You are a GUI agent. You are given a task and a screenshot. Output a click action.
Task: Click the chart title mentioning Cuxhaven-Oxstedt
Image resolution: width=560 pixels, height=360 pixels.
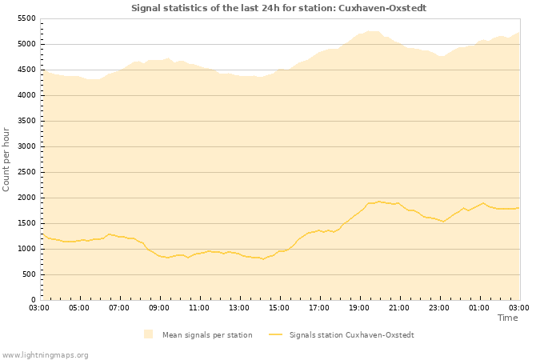click(278, 8)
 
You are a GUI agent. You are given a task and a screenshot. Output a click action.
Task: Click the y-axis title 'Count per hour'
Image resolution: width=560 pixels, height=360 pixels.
click(7, 158)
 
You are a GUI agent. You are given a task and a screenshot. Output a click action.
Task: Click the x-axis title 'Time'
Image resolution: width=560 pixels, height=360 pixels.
click(507, 318)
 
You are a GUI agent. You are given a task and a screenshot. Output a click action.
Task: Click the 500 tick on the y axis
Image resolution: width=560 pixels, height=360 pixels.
click(29, 274)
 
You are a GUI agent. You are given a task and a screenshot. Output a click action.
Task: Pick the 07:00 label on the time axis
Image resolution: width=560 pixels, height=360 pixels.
click(119, 307)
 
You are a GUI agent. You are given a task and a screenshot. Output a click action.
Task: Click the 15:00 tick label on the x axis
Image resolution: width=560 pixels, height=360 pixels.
click(279, 307)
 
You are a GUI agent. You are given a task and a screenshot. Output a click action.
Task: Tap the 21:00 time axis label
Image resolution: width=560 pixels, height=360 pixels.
click(399, 307)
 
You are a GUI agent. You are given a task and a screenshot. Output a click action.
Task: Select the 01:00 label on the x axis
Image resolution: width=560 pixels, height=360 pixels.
click(479, 307)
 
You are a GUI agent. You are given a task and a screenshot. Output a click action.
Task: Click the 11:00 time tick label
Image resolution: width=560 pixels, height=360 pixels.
click(199, 307)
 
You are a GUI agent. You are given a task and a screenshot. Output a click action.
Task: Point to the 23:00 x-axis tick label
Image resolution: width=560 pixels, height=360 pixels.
click(439, 307)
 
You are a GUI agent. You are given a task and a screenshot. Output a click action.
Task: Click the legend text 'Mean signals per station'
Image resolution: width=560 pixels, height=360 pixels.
click(207, 335)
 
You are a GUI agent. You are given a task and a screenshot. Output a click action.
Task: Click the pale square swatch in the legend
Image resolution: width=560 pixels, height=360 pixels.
click(148, 334)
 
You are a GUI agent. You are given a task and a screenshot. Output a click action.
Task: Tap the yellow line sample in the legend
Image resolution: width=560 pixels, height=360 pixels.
click(276, 334)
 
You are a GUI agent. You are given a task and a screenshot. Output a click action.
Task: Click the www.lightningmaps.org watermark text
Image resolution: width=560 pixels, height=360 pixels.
click(45, 354)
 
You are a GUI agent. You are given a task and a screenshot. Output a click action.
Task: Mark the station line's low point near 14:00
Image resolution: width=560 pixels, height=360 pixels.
click(262, 258)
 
